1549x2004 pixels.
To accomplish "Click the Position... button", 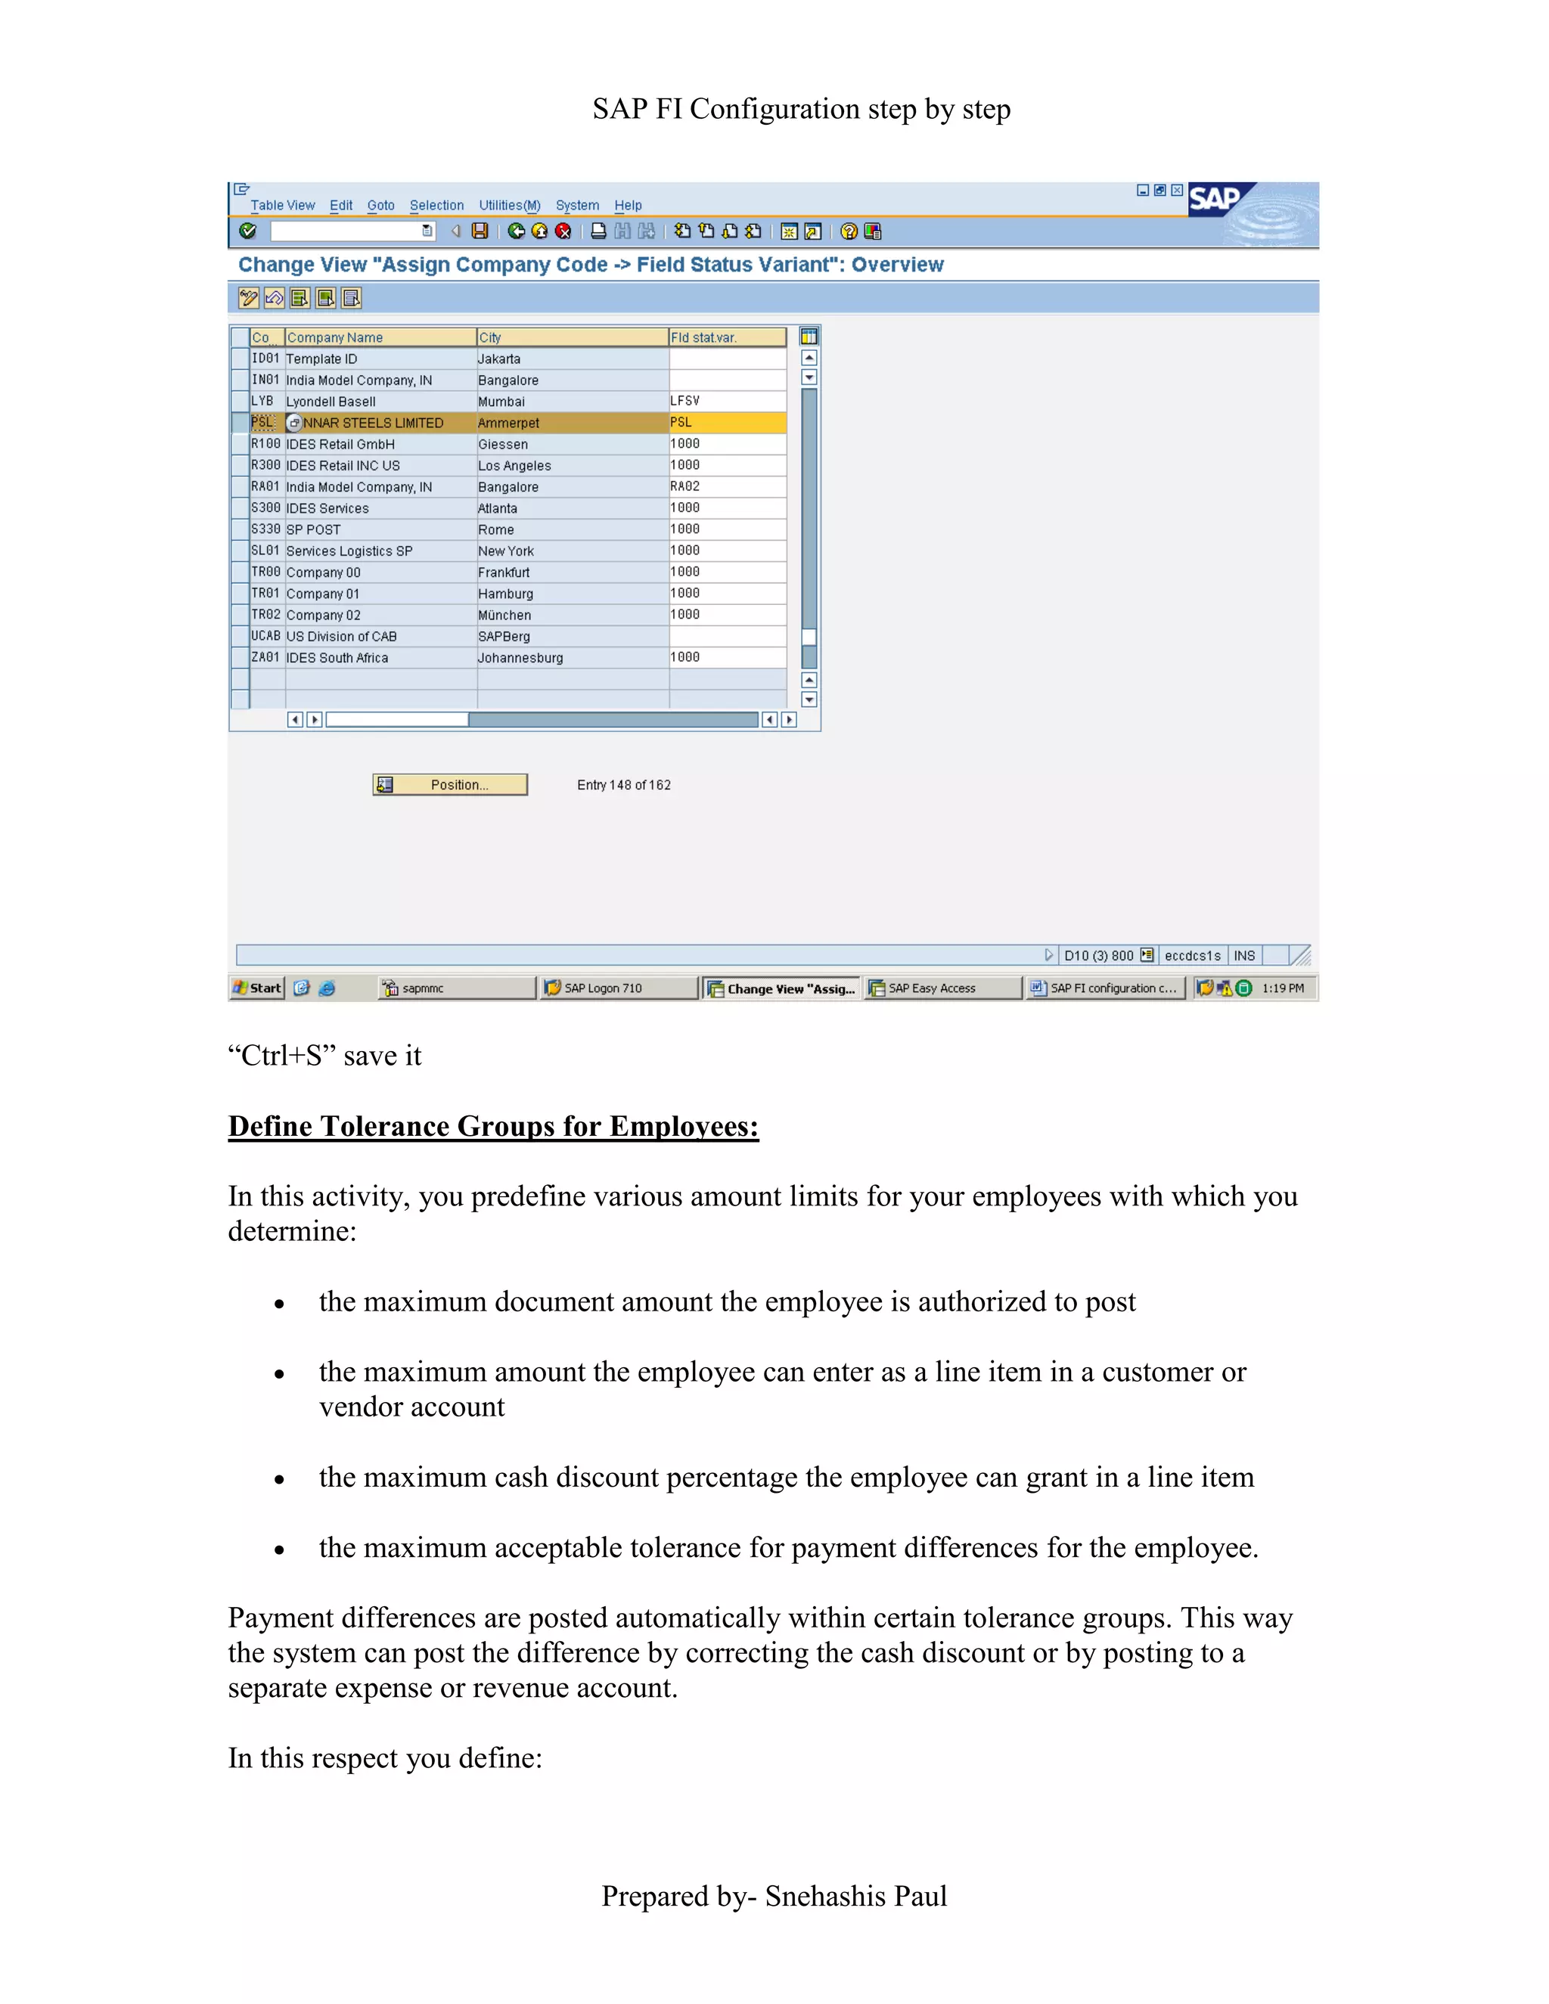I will pyautogui.click(x=450, y=784).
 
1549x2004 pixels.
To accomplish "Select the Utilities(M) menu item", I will pyautogui.click(x=509, y=206).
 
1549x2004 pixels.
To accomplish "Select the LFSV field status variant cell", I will pyautogui.click(x=684, y=401).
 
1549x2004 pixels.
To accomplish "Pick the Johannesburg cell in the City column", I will pyautogui.click(x=520, y=658).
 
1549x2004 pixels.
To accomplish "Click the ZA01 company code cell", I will pyautogui.click(x=265, y=658).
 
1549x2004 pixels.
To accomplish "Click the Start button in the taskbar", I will pyautogui.click(x=258, y=988).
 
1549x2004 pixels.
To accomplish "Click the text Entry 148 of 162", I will pyautogui.click(x=624, y=786).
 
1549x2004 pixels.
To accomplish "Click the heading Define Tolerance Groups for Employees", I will pyautogui.click(x=493, y=1126).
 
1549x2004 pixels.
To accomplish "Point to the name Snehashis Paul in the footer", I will pyautogui.click(x=855, y=1897).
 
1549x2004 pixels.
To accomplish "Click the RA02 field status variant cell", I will pyautogui.click(x=684, y=486).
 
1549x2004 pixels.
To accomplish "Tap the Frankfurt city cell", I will pyautogui.click(x=504, y=572).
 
